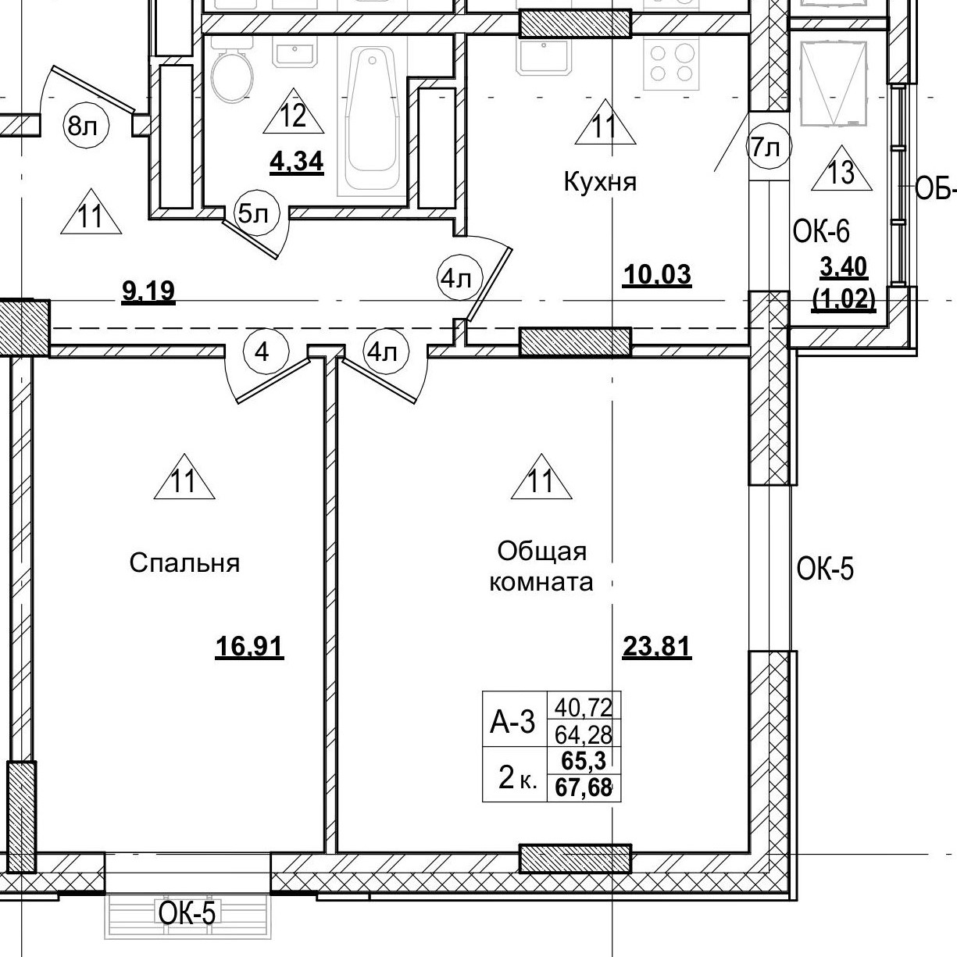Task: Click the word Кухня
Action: pyautogui.click(x=600, y=183)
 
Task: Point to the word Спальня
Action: pyautogui.click(x=184, y=563)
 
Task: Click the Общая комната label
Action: pyautogui.click(x=541, y=566)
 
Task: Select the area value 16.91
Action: pyautogui.click(x=249, y=647)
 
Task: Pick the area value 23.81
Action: pyautogui.click(x=656, y=647)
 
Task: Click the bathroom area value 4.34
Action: pyautogui.click(x=296, y=162)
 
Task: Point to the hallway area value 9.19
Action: pyautogui.click(x=148, y=292)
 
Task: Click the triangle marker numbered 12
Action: pyautogui.click(x=293, y=113)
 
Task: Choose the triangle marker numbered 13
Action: pyautogui.click(x=841, y=170)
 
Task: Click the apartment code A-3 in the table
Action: pyautogui.click(x=512, y=723)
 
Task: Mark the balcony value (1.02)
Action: pyautogui.click(x=844, y=298)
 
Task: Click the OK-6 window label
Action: pyautogui.click(x=820, y=231)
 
